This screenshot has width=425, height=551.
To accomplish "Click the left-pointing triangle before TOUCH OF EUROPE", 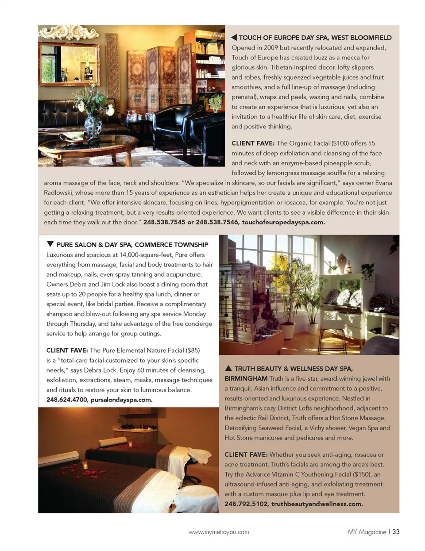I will pyautogui.click(x=234, y=37).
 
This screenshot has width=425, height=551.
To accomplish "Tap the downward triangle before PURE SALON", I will pyautogui.click(x=50, y=244).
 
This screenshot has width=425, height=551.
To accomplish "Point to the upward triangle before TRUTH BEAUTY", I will pyautogui.click(x=228, y=368).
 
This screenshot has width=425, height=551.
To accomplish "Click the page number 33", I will pyautogui.click(x=396, y=532).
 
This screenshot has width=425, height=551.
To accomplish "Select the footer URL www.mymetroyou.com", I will pyautogui.click(x=219, y=532).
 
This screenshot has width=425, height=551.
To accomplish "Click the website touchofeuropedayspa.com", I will pyautogui.click(x=283, y=222).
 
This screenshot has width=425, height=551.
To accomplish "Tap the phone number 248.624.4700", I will pyautogui.click(x=67, y=400).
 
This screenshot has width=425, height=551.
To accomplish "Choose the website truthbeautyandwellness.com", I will pyautogui.click(x=317, y=504).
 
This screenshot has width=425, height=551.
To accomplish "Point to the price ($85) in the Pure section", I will pyautogui.click(x=193, y=350).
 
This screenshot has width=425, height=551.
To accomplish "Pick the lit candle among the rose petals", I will pyautogui.click(x=85, y=465).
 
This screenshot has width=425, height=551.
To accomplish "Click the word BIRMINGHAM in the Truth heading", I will pyautogui.click(x=246, y=378).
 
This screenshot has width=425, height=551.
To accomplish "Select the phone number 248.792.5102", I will pyautogui.click(x=246, y=504).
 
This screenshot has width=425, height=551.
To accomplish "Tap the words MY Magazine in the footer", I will pyautogui.click(x=367, y=532).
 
